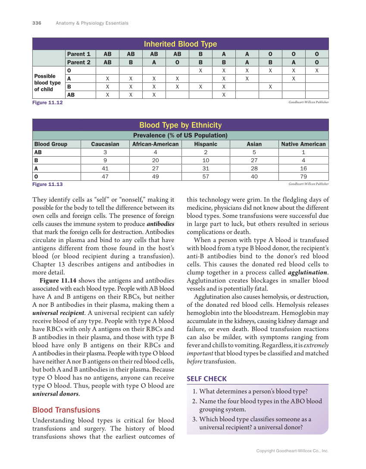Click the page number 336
(x=37, y=23)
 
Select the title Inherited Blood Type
(x=180, y=44)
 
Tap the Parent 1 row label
(x=78, y=54)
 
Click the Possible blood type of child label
(x=47, y=82)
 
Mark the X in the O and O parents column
(x=317, y=70)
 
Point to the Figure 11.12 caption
(x=47, y=103)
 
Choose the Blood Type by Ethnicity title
(x=180, y=125)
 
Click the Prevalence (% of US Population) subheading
(x=180, y=135)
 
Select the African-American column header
(x=155, y=144)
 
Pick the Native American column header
(x=303, y=144)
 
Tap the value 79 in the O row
(x=303, y=176)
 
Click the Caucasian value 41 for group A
(x=105, y=168)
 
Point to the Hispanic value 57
(x=206, y=176)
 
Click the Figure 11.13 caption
(x=47, y=184)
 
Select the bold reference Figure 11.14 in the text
(x=58, y=280)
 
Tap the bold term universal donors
(x=55, y=394)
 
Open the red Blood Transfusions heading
(x=66, y=410)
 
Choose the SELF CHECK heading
(x=206, y=379)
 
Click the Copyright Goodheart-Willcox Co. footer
(x=292, y=451)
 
